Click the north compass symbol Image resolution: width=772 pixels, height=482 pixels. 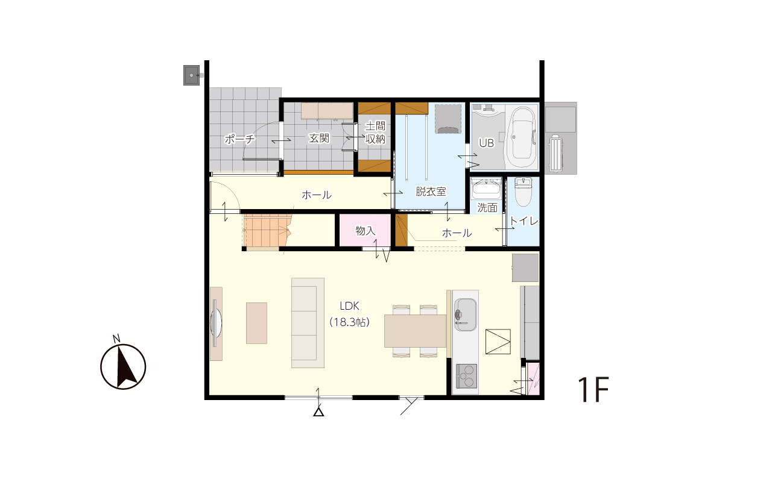tap(123, 366)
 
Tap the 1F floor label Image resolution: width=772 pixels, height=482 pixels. tap(593, 389)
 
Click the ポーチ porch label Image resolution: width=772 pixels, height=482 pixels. tap(239, 139)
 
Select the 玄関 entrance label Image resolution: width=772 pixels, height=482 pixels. tap(319, 138)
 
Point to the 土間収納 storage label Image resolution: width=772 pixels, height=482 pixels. tap(375, 132)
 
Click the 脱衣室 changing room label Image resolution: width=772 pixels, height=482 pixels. tap(431, 192)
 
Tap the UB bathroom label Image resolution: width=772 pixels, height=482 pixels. tap(486, 143)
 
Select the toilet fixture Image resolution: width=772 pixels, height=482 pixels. tap(523, 192)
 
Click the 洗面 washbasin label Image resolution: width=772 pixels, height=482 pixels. tap(487, 208)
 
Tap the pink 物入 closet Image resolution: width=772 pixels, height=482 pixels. tap(365, 230)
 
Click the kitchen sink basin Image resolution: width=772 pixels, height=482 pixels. tap(465, 315)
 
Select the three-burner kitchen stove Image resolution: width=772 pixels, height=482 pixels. tap(467, 376)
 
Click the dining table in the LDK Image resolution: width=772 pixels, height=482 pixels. tap(416, 331)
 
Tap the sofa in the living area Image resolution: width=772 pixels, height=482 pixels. tap(308, 323)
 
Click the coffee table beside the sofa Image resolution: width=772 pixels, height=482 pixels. tap(256, 323)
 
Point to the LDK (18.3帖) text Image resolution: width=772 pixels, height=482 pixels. tap(349, 314)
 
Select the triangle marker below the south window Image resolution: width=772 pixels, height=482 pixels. tap(318, 412)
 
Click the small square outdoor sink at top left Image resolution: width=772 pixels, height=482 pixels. tap(191, 75)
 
